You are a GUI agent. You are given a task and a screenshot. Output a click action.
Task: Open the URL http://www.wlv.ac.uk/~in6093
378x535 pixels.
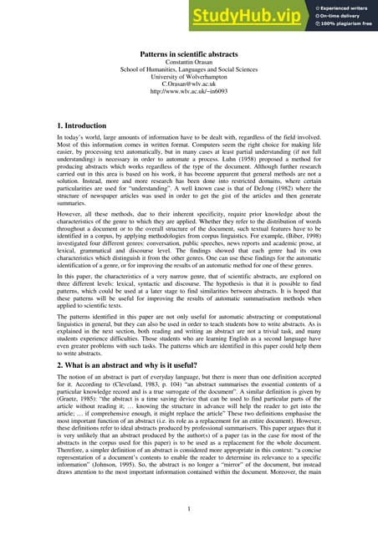pyautogui.click(x=188, y=104)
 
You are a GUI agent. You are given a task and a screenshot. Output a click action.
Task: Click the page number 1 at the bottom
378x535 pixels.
pyautogui.click(x=189, y=508)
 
